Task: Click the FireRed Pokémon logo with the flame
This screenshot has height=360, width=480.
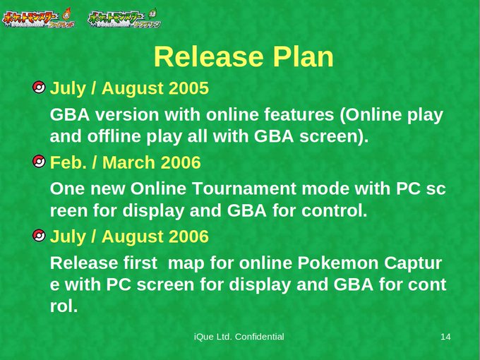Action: coord(38,18)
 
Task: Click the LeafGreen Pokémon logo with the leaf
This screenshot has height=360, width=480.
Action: coord(124,18)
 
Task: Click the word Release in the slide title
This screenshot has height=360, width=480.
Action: coord(209,56)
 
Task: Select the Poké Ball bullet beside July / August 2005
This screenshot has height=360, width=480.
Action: coord(39,88)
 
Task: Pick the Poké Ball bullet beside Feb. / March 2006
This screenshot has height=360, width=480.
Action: coord(39,162)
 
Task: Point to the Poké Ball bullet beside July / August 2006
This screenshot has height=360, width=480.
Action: coord(39,235)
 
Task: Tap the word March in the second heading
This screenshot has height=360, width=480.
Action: coord(129,162)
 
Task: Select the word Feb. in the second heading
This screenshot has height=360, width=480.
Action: coord(68,162)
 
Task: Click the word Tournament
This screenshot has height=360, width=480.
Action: coord(244,188)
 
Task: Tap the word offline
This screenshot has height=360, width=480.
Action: coord(114,136)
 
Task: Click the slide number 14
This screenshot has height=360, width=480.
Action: coord(445,337)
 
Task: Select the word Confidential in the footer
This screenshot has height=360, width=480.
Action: coord(260,337)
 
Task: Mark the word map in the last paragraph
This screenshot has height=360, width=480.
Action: coord(186,264)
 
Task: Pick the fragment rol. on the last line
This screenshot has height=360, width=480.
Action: coord(64,306)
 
